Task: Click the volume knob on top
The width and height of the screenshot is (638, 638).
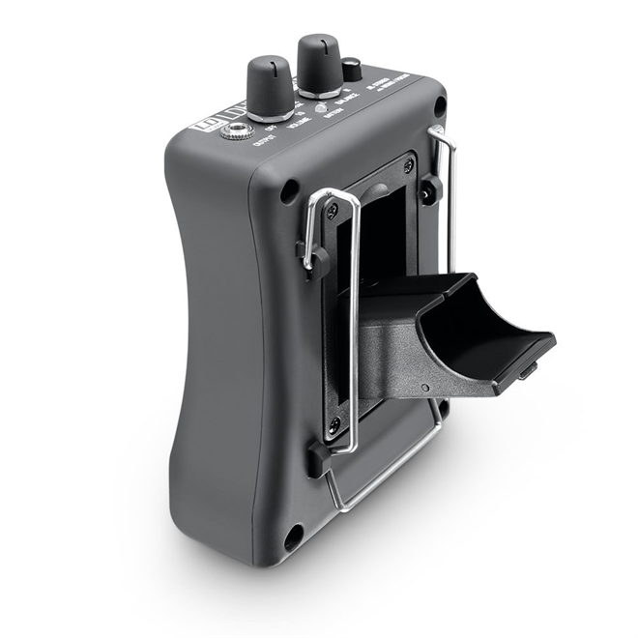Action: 270,86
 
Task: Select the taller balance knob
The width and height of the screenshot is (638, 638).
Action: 320,64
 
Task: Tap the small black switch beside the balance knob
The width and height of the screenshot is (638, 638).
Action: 353,70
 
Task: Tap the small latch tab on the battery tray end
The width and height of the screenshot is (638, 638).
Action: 527,369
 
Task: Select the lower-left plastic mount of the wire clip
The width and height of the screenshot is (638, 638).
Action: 316,459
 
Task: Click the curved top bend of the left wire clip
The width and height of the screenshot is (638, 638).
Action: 329,193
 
